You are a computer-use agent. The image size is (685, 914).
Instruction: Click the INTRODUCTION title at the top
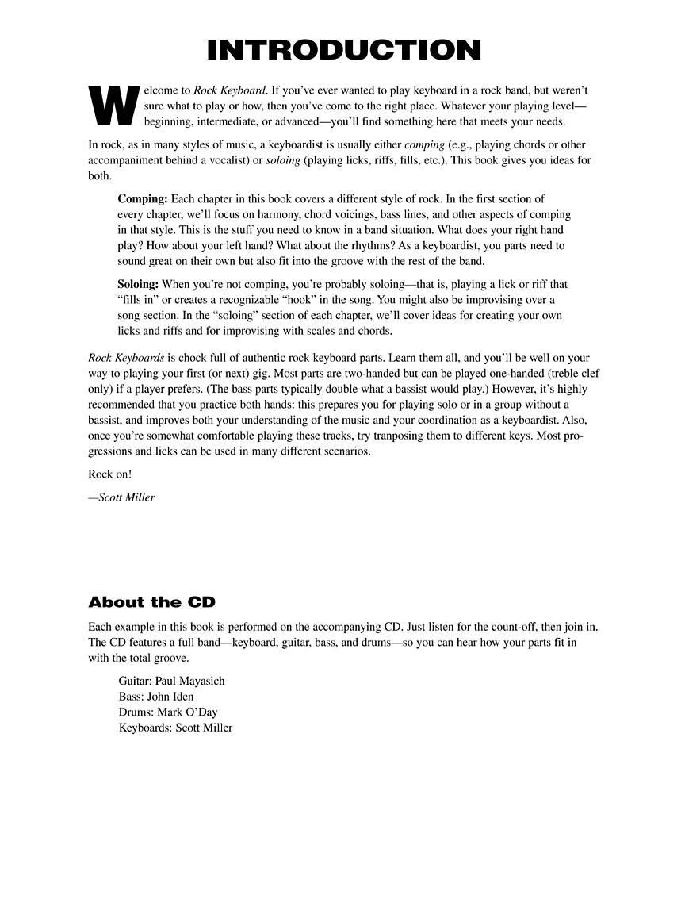343,50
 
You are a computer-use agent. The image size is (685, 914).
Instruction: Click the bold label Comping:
143,198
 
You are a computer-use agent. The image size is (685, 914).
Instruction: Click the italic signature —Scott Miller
122,497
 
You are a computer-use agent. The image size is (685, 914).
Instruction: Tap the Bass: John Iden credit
156,697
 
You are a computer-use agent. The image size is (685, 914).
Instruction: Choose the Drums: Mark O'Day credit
168,712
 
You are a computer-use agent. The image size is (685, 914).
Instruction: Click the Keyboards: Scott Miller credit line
175,728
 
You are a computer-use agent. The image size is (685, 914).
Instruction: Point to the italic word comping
424,145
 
